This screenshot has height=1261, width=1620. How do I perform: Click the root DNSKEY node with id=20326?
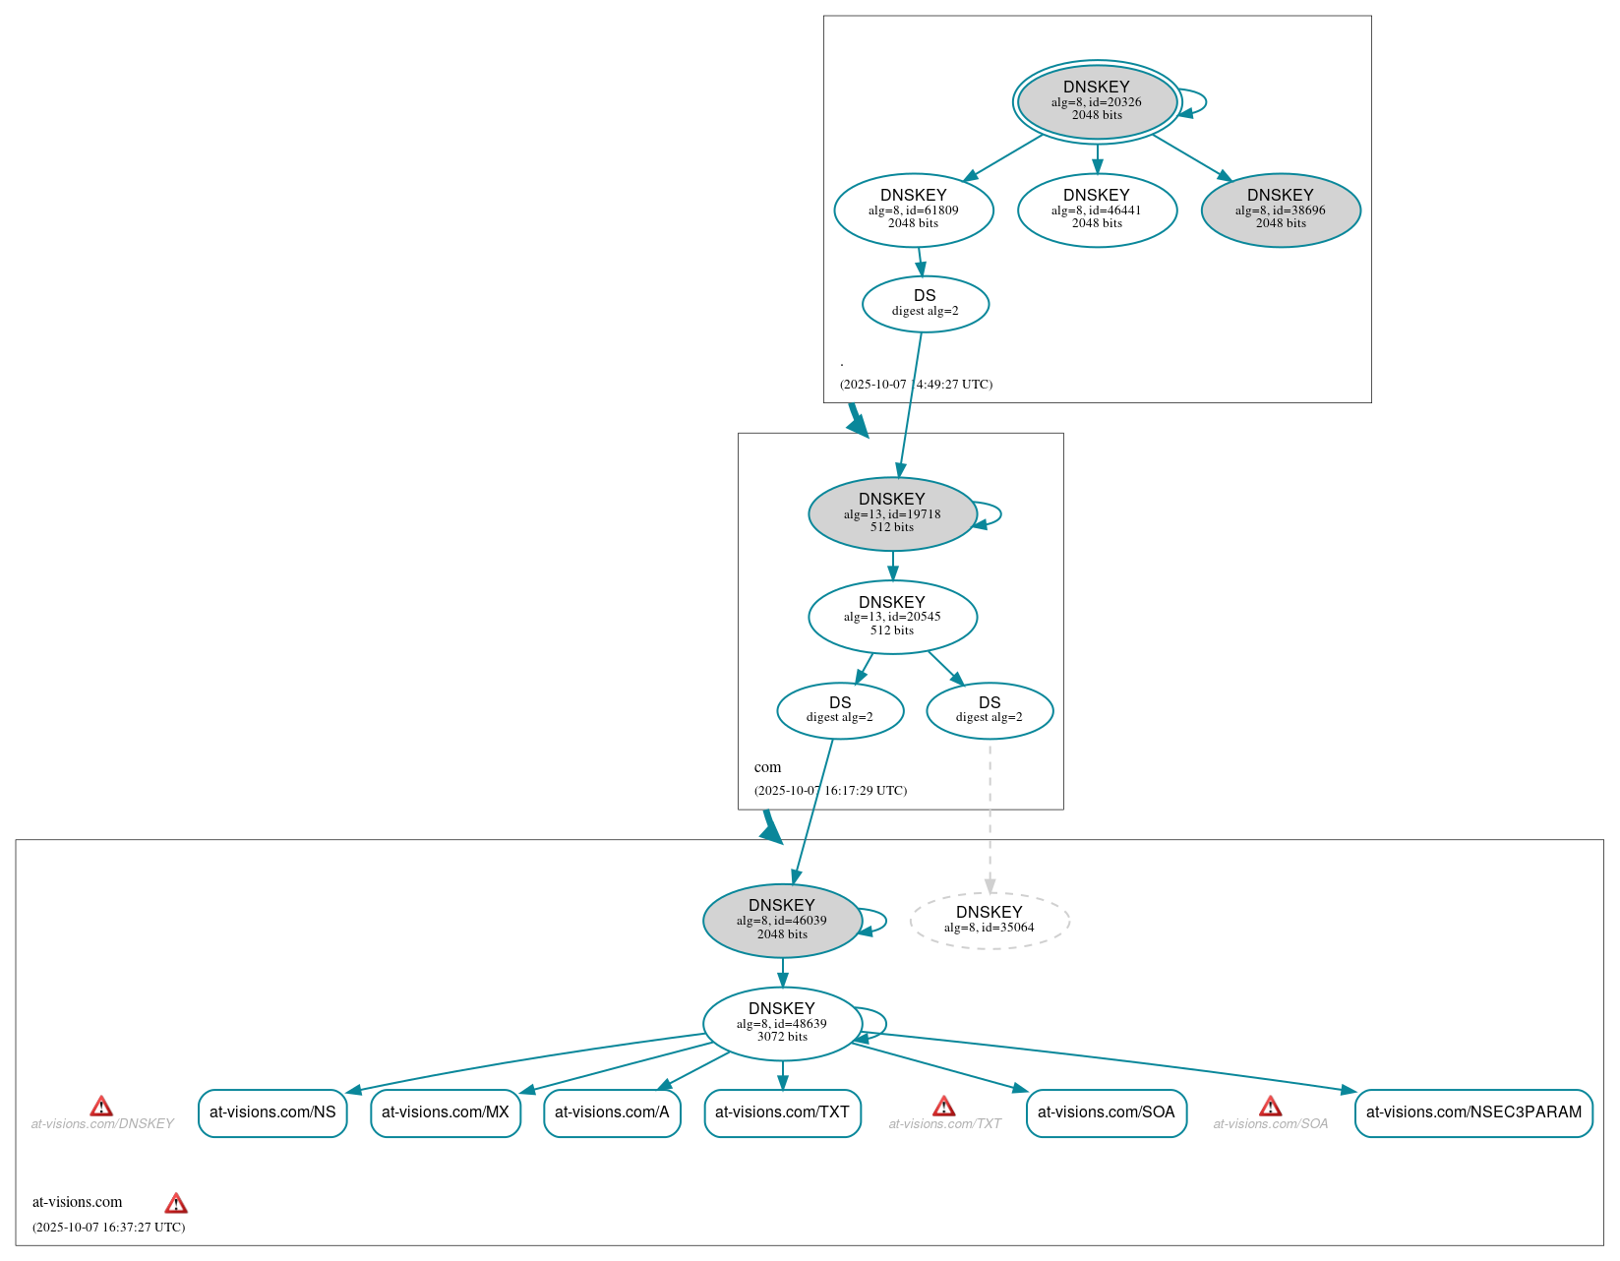(x=1097, y=101)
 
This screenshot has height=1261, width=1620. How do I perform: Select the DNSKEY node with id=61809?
(x=913, y=210)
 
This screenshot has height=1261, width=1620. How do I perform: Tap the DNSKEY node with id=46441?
(x=1097, y=210)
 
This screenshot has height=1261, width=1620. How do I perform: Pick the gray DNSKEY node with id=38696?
(x=1280, y=210)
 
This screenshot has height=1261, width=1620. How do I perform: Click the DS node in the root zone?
(x=925, y=303)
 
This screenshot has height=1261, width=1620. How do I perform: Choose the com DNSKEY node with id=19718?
(x=892, y=513)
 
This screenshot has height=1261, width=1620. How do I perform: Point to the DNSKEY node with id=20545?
(x=892, y=617)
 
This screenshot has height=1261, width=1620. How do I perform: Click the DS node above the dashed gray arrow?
(x=989, y=710)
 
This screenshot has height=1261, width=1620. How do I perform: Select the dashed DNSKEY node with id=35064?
(x=989, y=920)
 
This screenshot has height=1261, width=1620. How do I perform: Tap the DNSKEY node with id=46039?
(x=782, y=920)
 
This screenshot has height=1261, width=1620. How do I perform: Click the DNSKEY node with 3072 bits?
(x=782, y=1023)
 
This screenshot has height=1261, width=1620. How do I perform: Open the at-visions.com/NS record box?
(x=272, y=1112)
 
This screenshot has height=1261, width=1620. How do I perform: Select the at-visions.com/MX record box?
(x=446, y=1112)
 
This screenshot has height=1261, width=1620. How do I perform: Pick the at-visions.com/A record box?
(x=612, y=1112)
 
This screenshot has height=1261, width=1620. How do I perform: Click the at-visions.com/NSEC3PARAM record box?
(x=1472, y=1112)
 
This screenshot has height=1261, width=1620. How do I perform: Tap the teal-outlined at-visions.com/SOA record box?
(x=1106, y=1112)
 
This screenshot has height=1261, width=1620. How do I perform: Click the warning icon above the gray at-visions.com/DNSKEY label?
(x=101, y=1106)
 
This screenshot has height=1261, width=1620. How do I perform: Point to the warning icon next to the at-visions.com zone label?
(x=176, y=1203)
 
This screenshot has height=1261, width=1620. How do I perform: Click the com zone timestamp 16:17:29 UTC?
(x=830, y=791)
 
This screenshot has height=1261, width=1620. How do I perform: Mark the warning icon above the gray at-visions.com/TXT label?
(x=943, y=1106)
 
